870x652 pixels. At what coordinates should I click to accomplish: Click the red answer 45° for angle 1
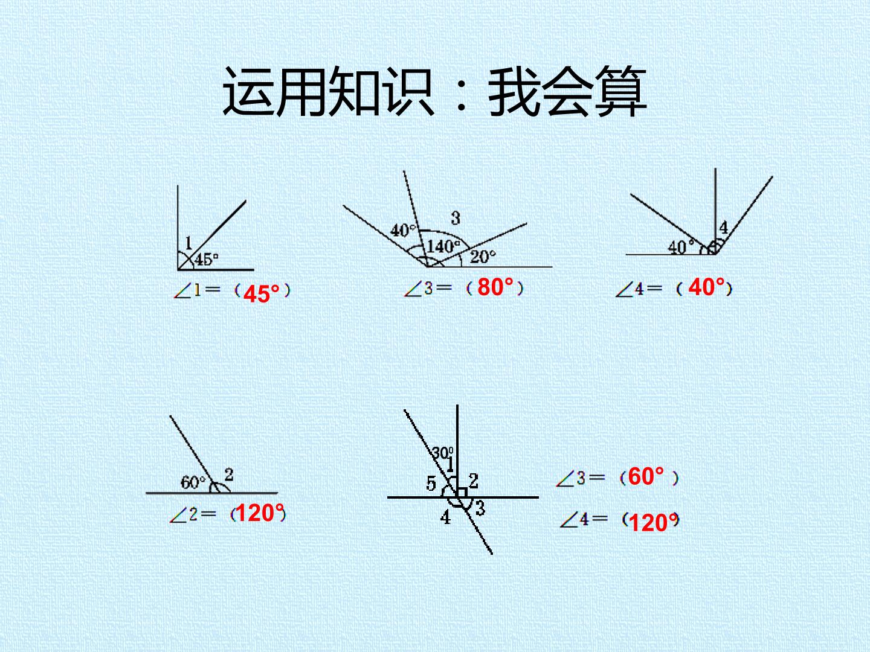(x=261, y=294)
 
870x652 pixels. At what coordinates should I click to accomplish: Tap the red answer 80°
(x=495, y=287)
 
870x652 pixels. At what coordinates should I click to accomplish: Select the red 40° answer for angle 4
(x=707, y=287)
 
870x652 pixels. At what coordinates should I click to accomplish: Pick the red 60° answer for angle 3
(x=646, y=476)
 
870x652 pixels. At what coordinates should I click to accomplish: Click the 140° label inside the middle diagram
(x=443, y=246)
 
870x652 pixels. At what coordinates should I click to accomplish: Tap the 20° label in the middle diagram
(x=483, y=257)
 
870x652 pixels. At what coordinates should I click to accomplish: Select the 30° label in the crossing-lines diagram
(x=442, y=453)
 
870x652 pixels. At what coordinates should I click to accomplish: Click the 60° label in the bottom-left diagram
(x=193, y=482)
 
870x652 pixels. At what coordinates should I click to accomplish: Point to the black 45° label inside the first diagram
(x=206, y=260)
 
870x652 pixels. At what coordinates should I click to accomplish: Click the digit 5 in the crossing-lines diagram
(x=431, y=484)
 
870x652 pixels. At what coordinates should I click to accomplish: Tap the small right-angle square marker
(x=462, y=493)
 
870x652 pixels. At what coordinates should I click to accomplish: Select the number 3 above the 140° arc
(x=456, y=218)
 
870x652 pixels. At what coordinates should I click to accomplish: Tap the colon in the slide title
(x=460, y=93)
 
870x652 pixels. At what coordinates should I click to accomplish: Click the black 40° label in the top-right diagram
(x=680, y=248)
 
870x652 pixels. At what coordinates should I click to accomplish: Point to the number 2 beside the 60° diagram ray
(x=229, y=475)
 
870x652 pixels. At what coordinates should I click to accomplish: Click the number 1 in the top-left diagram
(x=188, y=243)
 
